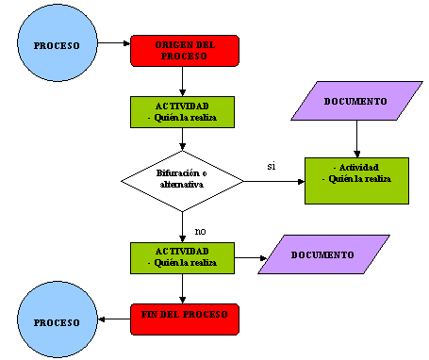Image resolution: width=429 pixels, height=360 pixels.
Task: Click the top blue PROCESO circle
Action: pyautogui.click(x=57, y=45)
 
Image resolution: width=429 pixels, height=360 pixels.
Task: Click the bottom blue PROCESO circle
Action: pyautogui.click(x=57, y=321)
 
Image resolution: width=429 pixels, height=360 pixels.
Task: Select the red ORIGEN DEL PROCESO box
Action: pyautogui.click(x=184, y=51)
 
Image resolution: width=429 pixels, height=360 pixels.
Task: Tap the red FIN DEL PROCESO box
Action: pyautogui.click(x=184, y=319)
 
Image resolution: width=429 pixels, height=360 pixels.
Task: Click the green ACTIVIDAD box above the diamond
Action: pyautogui.click(x=183, y=111)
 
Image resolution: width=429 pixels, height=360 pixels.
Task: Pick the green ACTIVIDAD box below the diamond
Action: pyautogui.click(x=183, y=257)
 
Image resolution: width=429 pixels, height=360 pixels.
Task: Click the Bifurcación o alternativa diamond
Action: pyautogui.click(x=183, y=179)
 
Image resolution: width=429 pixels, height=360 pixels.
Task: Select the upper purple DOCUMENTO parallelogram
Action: pyautogui.click(x=355, y=101)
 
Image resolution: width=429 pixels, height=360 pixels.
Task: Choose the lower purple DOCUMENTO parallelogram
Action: pyautogui.click(x=322, y=255)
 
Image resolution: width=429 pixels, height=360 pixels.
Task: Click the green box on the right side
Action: pyautogui.click(x=355, y=179)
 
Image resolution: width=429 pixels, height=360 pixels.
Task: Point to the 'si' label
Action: pyautogui.click(x=271, y=166)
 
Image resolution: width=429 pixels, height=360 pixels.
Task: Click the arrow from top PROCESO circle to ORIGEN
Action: pyautogui.click(x=113, y=43)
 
